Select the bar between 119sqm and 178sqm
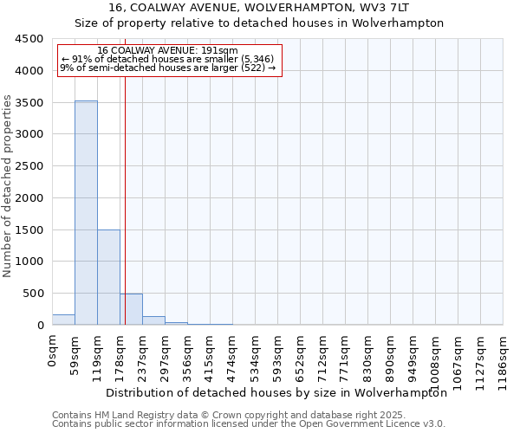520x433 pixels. pos(108,277)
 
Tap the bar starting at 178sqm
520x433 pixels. pos(131,309)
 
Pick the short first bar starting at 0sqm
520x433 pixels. pos(63,320)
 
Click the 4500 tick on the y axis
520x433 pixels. pos(29,39)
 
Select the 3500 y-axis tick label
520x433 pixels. pos(29,102)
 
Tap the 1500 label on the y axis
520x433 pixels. pos(29,229)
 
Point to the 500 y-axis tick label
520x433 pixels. pos(33,294)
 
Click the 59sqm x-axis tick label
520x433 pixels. pos(75,352)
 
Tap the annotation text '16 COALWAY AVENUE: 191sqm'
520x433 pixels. pos(167,50)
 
